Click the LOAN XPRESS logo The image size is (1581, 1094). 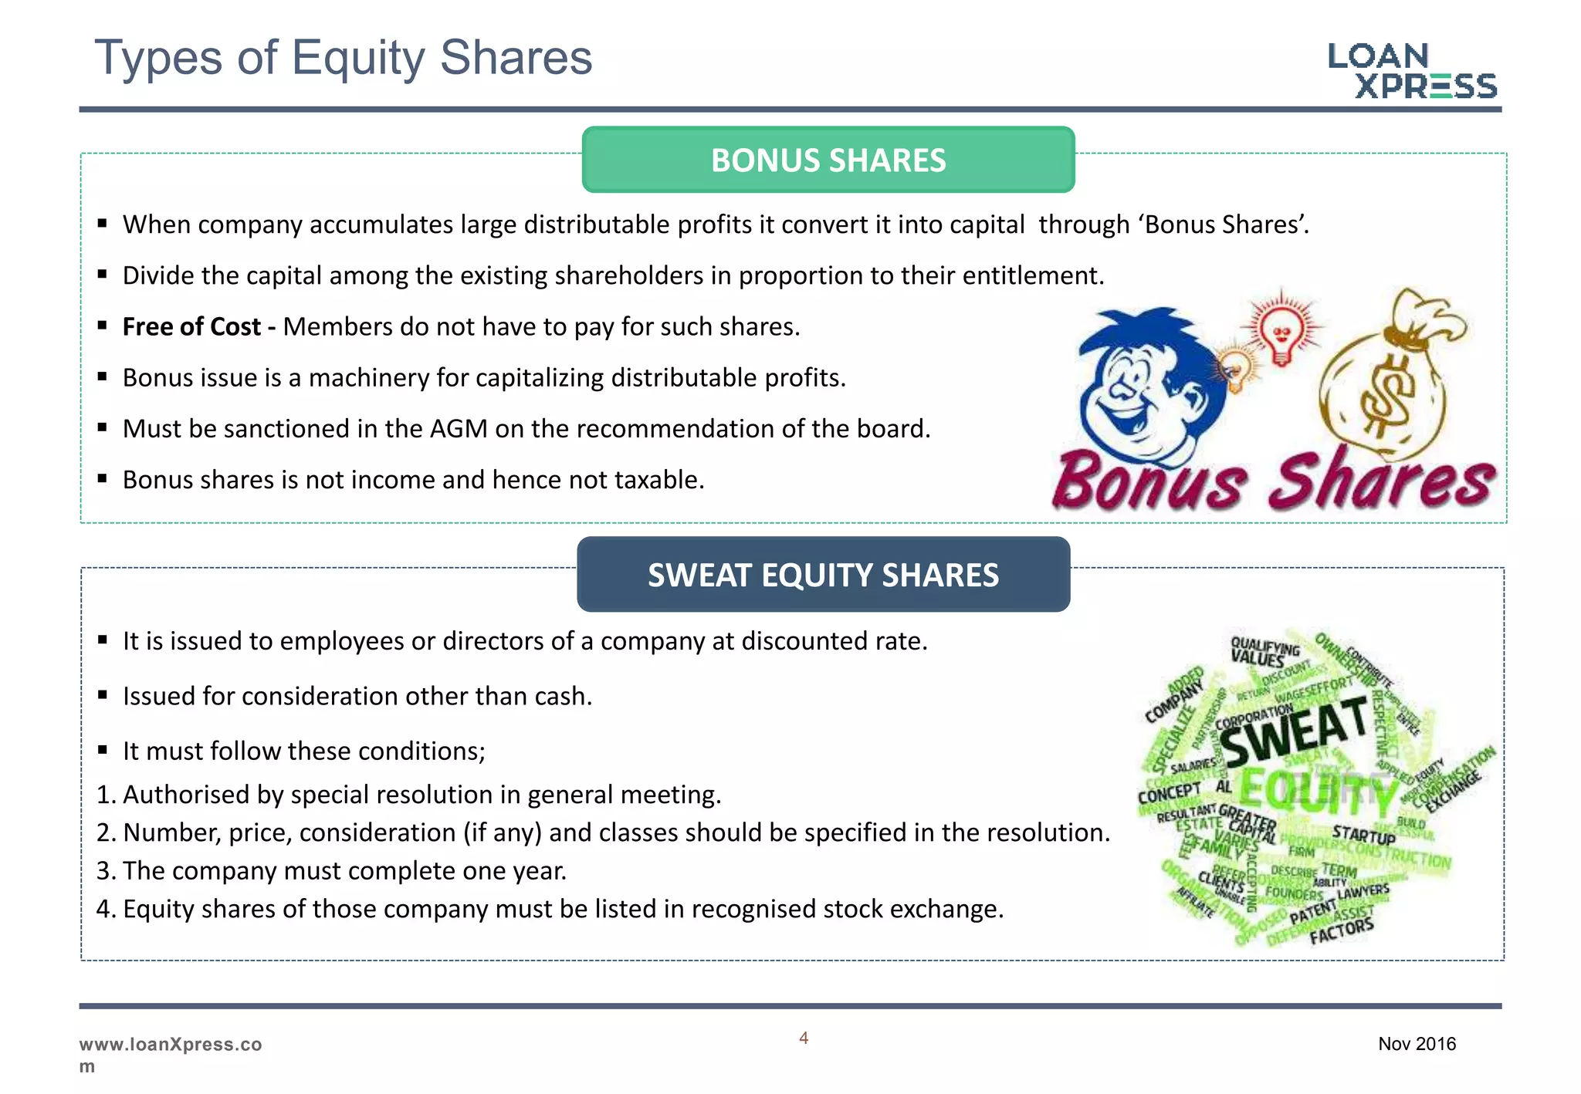coord(1412,70)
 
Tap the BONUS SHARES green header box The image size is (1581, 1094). coord(828,160)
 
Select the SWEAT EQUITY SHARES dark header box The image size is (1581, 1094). coord(823,575)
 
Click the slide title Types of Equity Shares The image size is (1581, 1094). coord(343,58)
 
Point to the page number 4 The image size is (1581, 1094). coord(804,1038)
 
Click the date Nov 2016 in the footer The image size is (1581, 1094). coord(1417,1044)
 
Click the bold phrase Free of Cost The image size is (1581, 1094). coord(191,327)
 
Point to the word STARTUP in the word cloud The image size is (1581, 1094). coord(1363,836)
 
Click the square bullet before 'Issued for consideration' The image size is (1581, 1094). coord(102,695)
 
